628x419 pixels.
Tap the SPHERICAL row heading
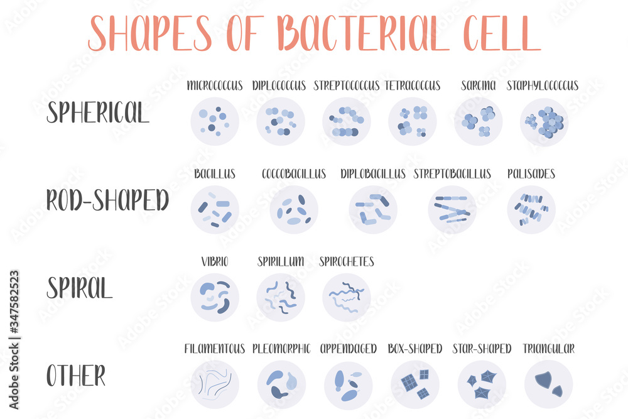[98, 113]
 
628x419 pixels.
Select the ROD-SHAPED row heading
[107, 200]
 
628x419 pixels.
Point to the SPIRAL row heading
[79, 288]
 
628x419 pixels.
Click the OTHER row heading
[76, 376]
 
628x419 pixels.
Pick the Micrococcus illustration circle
[215, 121]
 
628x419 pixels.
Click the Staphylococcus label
[543, 85]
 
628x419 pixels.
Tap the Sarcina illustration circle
[479, 121]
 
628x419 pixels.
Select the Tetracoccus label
[413, 85]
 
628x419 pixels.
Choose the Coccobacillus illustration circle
[294, 210]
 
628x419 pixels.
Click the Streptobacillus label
[452, 173]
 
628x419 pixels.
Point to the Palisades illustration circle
[531, 210]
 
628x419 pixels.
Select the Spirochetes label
[347, 261]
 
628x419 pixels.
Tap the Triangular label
[548, 349]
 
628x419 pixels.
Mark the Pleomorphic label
[281, 349]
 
